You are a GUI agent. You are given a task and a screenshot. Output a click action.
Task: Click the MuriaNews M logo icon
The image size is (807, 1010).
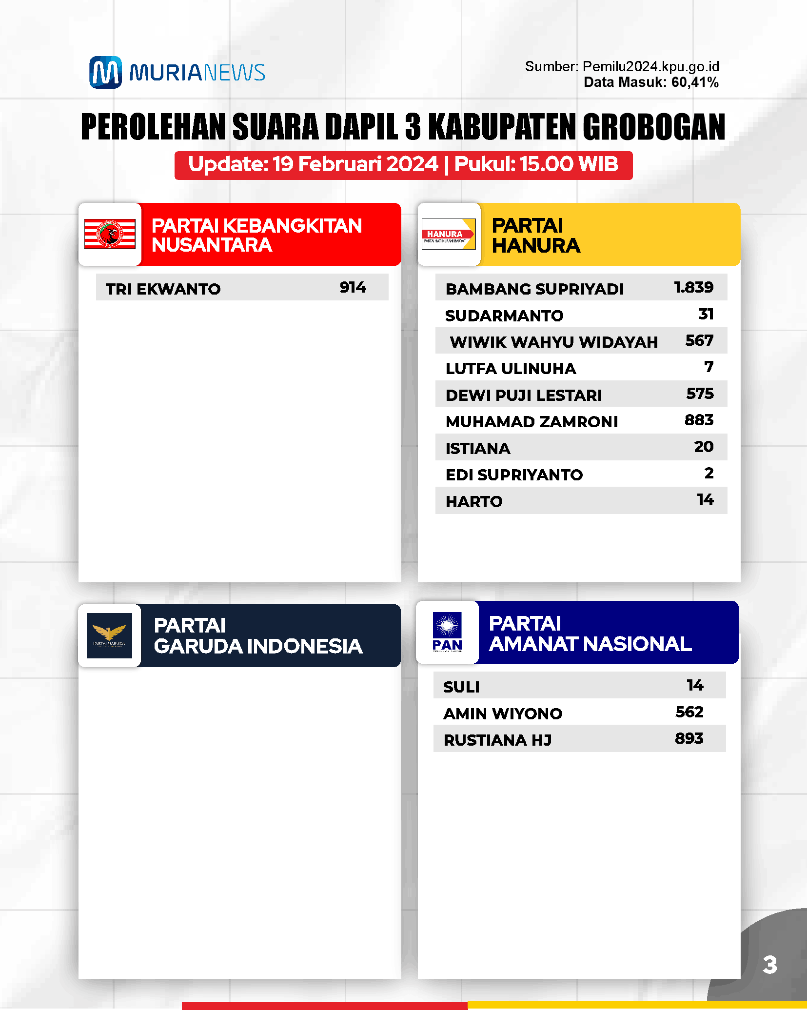pos(105,72)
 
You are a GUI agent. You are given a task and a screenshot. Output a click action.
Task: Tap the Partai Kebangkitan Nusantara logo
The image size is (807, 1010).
pos(110,234)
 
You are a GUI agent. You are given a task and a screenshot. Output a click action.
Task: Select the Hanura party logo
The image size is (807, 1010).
pos(448,234)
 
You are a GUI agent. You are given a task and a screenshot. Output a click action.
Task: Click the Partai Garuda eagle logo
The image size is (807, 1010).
pos(109,635)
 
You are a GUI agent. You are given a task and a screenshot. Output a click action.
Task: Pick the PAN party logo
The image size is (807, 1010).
pos(447,632)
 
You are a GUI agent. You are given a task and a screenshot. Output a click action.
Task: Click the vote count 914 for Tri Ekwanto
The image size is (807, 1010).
pos(353,287)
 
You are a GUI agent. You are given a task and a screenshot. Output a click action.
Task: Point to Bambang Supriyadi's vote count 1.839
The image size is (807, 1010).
pos(693,287)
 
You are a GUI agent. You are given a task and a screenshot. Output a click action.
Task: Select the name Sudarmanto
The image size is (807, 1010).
pos(504,316)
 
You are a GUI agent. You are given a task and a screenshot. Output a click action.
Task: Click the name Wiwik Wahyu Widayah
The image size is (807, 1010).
pos(554,342)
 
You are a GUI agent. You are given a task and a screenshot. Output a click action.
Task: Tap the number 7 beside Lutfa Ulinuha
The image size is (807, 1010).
pos(709,367)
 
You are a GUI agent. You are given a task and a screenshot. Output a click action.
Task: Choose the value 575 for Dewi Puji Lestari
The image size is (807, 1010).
pos(700,394)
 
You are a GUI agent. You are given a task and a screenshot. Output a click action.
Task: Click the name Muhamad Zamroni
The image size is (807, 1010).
pos(531,421)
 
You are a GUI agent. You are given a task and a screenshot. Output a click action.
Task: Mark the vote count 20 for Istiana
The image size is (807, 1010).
pos(704,447)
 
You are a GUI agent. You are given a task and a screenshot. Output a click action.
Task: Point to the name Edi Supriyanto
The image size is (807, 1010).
pos(514,475)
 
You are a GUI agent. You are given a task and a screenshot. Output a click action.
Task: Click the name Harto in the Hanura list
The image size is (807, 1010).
pos(474,501)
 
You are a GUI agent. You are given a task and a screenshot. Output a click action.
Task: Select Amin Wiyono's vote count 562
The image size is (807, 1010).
pos(689,712)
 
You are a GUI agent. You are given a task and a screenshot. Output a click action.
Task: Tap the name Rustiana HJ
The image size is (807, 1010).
pos(497,740)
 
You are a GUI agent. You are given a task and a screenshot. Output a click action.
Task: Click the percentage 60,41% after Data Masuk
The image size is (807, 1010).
pos(695,82)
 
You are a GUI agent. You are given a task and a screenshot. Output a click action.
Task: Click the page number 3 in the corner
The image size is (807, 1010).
pos(769,965)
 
